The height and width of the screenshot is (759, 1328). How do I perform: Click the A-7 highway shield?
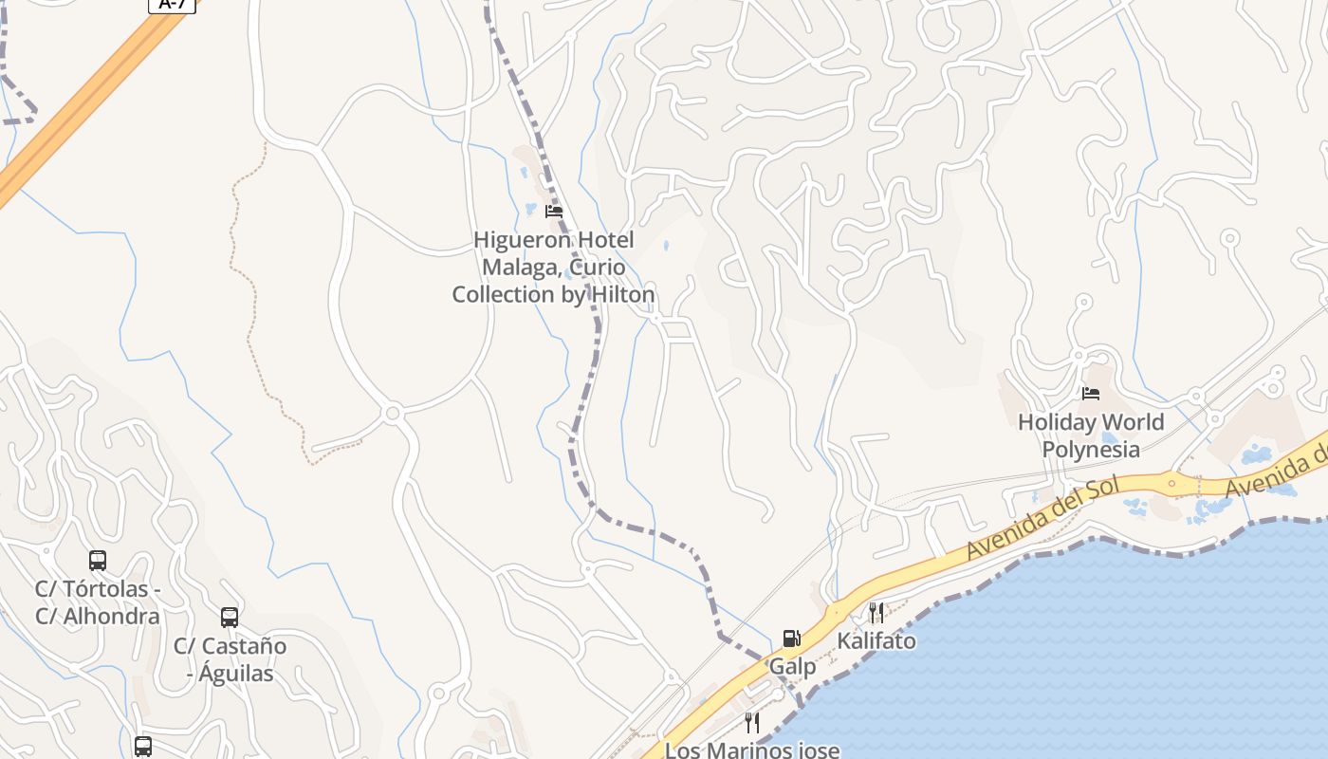(x=173, y=4)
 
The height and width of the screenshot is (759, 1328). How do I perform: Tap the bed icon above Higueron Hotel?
(x=554, y=212)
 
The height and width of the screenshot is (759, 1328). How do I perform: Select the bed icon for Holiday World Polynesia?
(x=1091, y=394)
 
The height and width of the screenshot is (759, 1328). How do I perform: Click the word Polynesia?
(x=1091, y=449)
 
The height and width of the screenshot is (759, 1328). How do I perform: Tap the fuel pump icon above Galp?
(x=791, y=639)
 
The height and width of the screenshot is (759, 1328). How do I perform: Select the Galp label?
(x=792, y=667)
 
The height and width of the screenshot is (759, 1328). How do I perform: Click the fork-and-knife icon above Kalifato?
(x=876, y=613)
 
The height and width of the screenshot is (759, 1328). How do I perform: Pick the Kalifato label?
(x=876, y=641)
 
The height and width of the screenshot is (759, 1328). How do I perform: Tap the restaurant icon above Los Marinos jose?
(x=752, y=723)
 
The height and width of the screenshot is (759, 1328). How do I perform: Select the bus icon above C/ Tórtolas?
(x=98, y=561)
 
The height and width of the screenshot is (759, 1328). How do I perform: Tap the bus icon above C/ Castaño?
(x=230, y=618)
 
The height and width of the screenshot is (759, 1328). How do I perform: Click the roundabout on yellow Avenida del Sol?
(x=1172, y=483)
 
